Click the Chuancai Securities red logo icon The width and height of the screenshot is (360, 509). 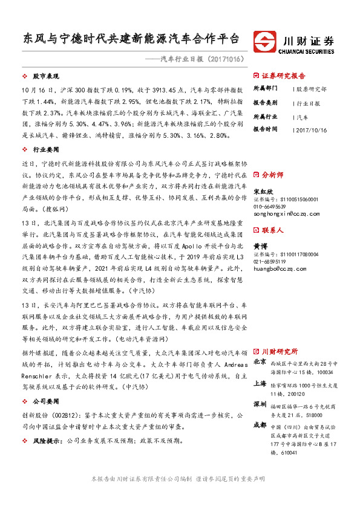pos(266,43)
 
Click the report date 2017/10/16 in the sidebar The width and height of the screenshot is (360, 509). pos(312,129)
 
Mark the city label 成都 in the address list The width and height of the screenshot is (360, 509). pos(260,424)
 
